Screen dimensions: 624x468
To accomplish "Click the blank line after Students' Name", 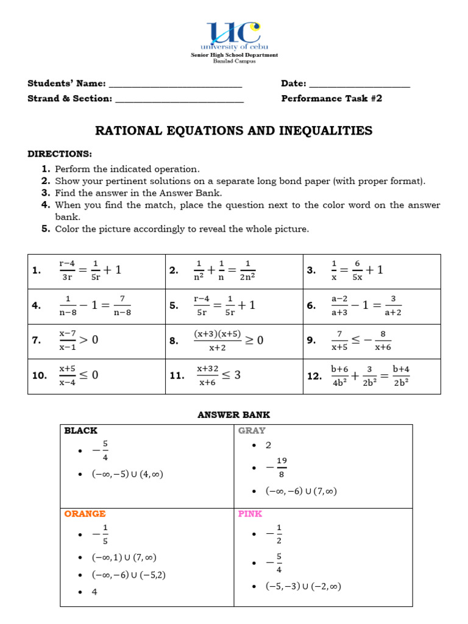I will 175,84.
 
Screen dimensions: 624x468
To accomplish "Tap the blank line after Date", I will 360,84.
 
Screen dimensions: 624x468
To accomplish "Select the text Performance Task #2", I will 331,98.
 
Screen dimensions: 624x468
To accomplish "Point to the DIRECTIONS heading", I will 60,154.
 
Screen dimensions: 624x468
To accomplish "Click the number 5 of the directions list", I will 45,229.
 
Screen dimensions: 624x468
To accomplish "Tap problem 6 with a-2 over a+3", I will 366,306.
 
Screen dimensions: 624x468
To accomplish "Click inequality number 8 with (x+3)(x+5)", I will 228,341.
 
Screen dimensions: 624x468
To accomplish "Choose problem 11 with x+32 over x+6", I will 218,375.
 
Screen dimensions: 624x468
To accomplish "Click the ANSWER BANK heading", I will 234,415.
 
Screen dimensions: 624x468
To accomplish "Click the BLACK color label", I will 81,431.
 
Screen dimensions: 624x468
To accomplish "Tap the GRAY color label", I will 252,431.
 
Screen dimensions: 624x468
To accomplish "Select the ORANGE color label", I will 85,514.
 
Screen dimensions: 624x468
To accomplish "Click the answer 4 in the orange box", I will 94,592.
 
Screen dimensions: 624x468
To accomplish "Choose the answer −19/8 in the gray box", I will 277,468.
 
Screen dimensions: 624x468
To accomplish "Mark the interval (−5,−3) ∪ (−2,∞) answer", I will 303,586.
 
